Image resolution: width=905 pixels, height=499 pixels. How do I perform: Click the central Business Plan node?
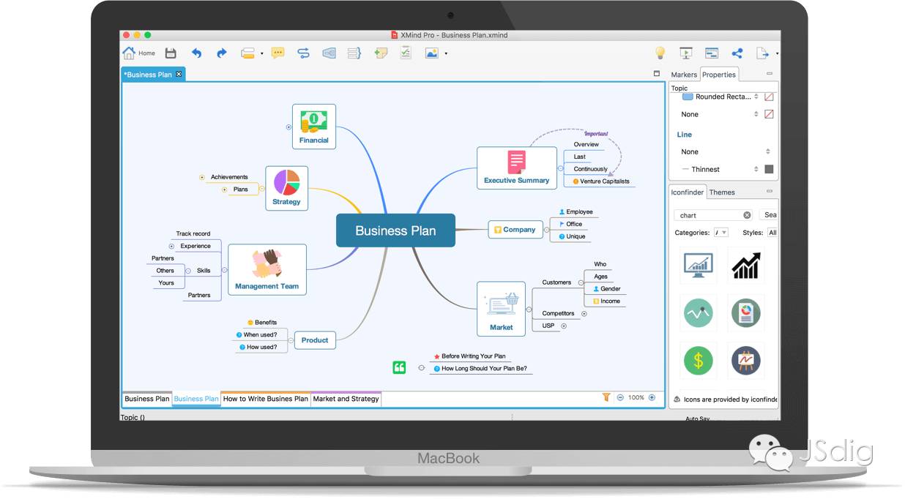[x=395, y=230]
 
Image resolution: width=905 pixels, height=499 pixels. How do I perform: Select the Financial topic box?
[x=314, y=127]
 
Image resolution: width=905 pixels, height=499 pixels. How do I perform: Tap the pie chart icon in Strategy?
[x=286, y=183]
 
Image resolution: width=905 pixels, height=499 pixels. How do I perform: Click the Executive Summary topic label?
[x=516, y=181]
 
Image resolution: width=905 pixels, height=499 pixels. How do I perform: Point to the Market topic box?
[x=502, y=309]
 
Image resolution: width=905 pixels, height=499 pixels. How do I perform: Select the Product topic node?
[x=315, y=340]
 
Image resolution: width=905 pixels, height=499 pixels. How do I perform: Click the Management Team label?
[x=267, y=287]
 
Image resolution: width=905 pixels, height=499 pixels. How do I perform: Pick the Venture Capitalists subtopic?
[x=604, y=181]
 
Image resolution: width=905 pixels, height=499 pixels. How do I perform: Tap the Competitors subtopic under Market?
[x=558, y=313]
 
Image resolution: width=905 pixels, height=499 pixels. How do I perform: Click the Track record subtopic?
[x=193, y=234]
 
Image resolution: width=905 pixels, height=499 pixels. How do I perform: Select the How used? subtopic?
[x=261, y=347]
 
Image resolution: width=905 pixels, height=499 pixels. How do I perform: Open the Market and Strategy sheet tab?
[x=346, y=399]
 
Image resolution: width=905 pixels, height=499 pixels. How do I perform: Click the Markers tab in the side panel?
[x=684, y=75]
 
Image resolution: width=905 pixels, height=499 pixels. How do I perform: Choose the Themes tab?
[x=722, y=192]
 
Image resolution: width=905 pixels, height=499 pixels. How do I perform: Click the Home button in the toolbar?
[x=139, y=53]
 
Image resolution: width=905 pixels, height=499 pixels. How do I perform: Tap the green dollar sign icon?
[x=699, y=360]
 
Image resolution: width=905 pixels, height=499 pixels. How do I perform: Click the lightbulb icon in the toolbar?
[x=660, y=53]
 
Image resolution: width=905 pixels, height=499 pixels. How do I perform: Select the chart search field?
[x=709, y=215]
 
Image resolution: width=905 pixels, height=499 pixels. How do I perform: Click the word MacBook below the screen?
[x=448, y=459]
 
